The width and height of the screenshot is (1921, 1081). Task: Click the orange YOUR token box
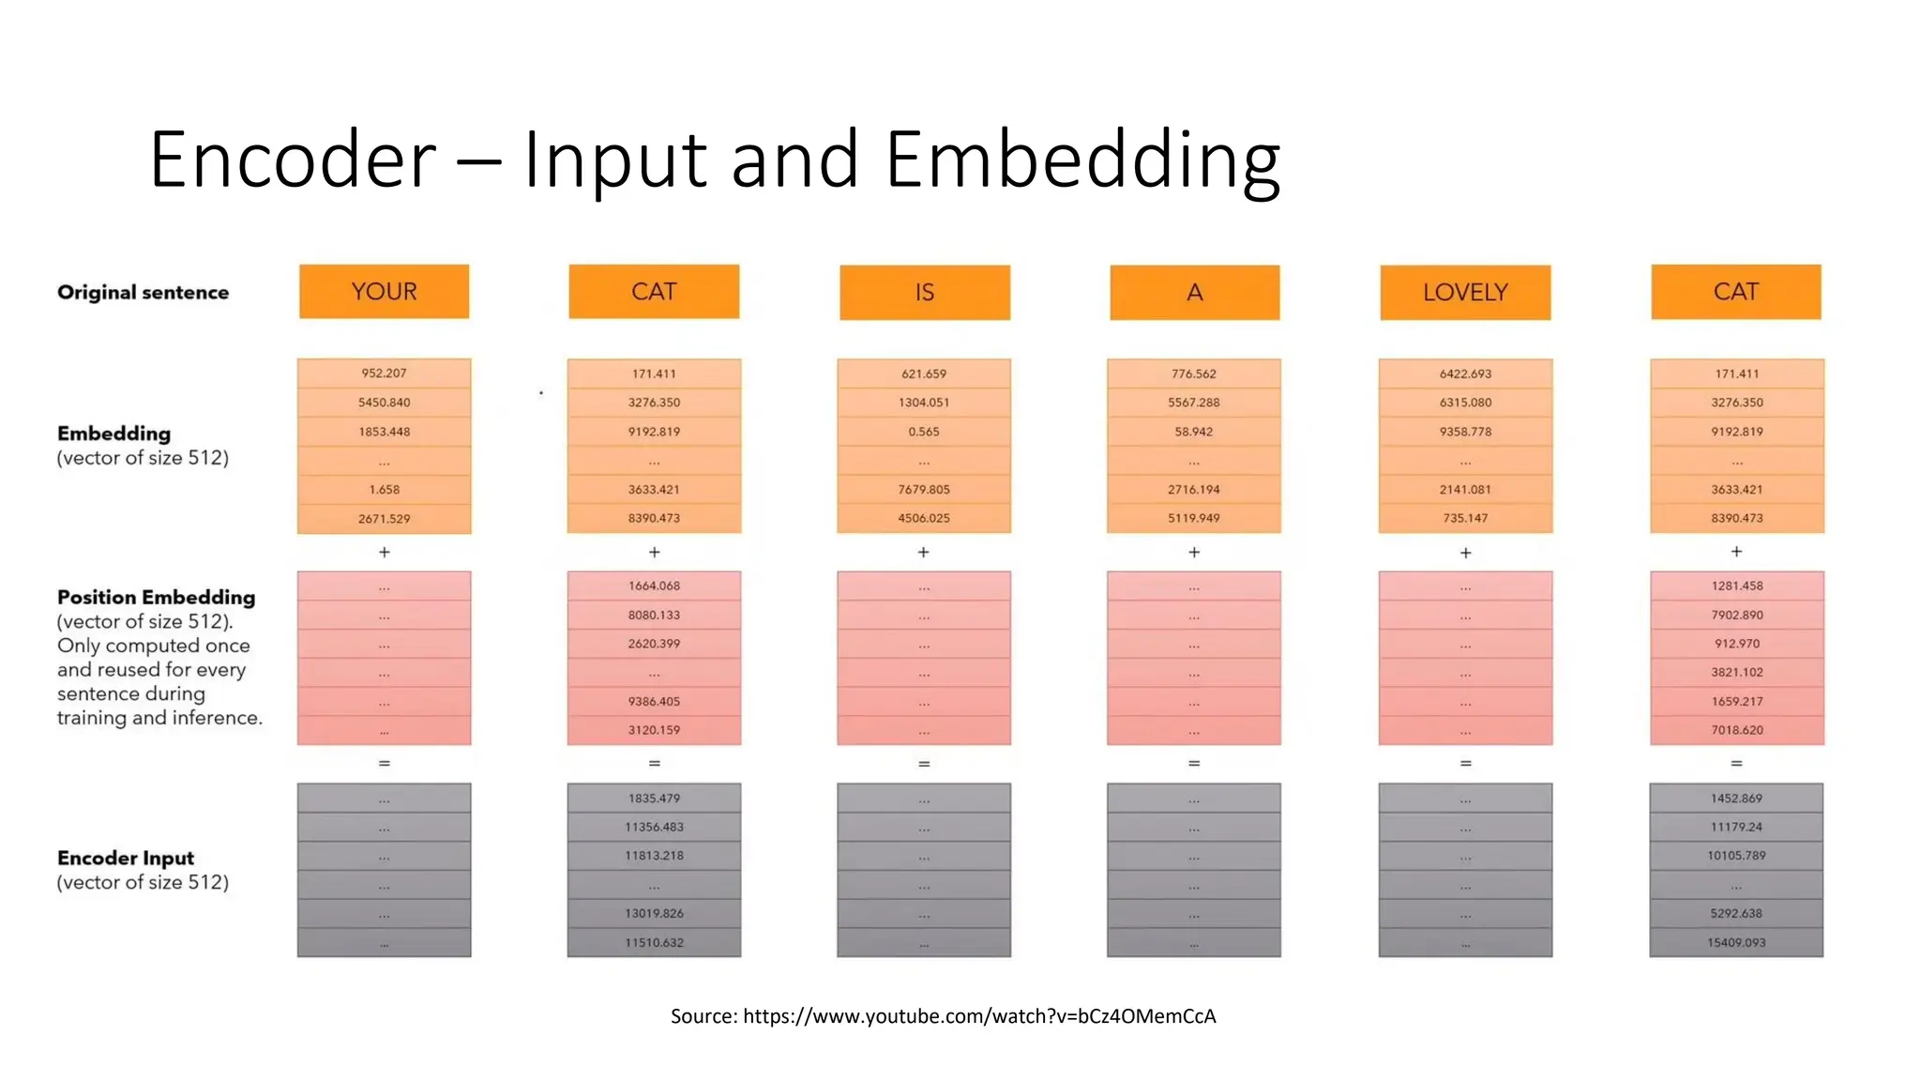click(384, 292)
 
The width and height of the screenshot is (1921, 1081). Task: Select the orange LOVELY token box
click(1464, 293)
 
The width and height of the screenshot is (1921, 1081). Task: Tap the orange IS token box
click(924, 293)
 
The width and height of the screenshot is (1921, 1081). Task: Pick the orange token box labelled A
click(1194, 293)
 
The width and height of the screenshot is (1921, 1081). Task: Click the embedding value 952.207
click(384, 373)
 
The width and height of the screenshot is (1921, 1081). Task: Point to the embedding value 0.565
click(924, 432)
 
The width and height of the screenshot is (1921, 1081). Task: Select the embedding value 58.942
click(1193, 432)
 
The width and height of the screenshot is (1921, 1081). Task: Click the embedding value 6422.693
click(1465, 373)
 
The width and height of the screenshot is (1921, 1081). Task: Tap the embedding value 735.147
click(1465, 518)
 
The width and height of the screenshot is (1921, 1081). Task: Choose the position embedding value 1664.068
click(654, 586)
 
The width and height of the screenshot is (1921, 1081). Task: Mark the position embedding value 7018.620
click(1736, 730)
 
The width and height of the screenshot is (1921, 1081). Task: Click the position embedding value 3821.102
click(1736, 672)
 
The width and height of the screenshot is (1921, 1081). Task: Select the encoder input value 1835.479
click(654, 799)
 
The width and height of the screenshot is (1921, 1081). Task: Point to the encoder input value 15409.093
click(1736, 942)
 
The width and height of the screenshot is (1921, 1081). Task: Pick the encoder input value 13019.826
click(654, 913)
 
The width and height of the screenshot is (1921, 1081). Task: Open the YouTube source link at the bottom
click(979, 1016)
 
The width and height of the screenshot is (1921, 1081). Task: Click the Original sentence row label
click(143, 293)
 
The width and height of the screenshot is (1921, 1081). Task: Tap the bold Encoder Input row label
click(126, 858)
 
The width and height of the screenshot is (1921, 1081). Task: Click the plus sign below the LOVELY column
click(1465, 553)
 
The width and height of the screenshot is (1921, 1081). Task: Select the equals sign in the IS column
click(924, 764)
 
